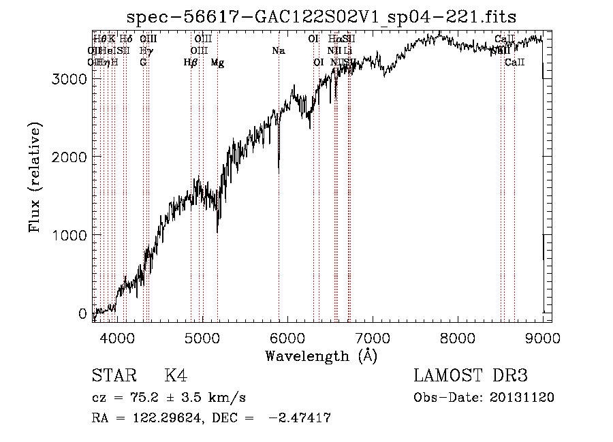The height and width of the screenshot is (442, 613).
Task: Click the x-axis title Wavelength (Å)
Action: coord(321,356)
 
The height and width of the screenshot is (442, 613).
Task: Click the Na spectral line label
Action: coord(278,51)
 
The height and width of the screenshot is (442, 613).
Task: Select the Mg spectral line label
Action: coord(217,63)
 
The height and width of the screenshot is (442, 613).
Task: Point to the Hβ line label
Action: coord(191,63)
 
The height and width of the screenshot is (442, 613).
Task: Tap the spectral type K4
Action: coord(176,377)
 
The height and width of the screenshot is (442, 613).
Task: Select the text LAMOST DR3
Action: coord(470,377)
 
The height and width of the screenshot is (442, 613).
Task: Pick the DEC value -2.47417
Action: coord(300,418)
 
